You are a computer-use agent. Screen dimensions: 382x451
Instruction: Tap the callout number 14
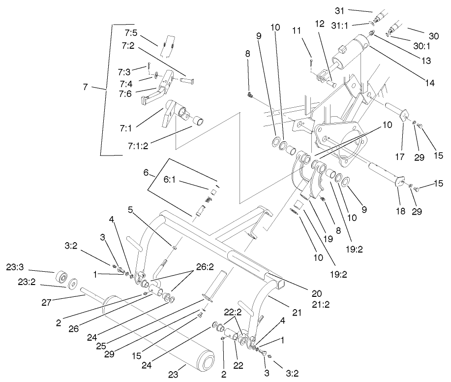click(429, 83)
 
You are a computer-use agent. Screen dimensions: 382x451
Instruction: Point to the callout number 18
click(401, 211)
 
